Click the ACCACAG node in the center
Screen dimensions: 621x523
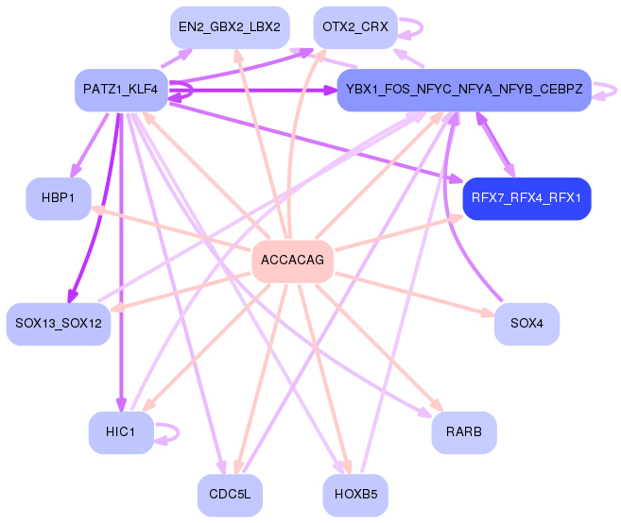click(x=293, y=261)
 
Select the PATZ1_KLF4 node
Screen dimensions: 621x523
click(x=121, y=91)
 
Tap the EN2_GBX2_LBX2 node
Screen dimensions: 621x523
click(x=230, y=27)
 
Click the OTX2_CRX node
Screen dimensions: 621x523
click(x=355, y=27)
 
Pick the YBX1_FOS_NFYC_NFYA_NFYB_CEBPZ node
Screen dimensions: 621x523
click(x=464, y=91)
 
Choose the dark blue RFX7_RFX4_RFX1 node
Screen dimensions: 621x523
click(x=526, y=198)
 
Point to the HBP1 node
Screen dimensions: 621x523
click(x=59, y=198)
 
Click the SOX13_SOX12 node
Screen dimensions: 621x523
click(x=59, y=324)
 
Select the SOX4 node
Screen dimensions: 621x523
click(x=526, y=324)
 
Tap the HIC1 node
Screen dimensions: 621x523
click(x=121, y=432)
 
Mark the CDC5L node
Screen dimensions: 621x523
click(x=230, y=495)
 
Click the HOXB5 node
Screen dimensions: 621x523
click(x=355, y=495)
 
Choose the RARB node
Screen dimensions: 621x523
click(x=464, y=432)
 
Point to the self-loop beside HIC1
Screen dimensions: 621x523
click(x=179, y=432)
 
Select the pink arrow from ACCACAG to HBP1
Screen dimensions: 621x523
click(x=171, y=228)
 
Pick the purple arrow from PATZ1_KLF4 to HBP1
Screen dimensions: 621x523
click(x=91, y=145)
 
